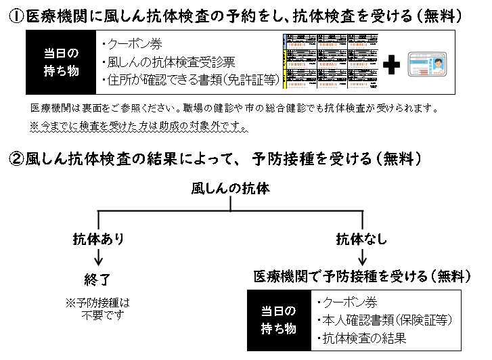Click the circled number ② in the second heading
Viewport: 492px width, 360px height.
(17, 160)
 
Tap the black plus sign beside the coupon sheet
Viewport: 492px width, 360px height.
(391, 64)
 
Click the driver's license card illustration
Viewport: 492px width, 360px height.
(430, 64)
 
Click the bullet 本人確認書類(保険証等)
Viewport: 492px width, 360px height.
(384, 320)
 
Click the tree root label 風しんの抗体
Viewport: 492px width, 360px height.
(231, 188)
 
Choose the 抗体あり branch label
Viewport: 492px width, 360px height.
(99, 238)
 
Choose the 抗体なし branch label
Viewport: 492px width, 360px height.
(363, 238)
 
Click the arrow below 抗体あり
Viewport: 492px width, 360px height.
(99, 257)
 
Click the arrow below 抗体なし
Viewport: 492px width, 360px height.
(363, 257)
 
